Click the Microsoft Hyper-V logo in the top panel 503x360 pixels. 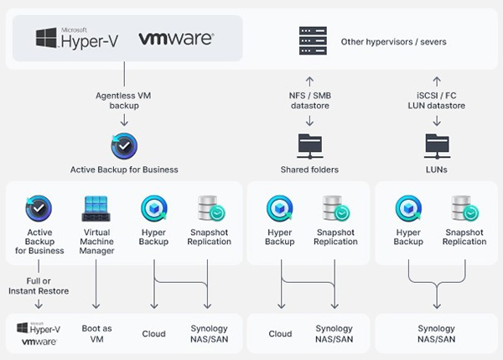(77, 39)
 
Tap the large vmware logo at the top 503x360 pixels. (176, 39)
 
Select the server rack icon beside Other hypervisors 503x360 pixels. (313, 41)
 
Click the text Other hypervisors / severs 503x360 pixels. (394, 42)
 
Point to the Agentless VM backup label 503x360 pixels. (123, 101)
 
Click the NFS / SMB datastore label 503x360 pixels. (310, 101)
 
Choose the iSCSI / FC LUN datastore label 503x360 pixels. (436, 101)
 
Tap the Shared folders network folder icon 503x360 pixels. (310, 146)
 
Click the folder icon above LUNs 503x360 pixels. (437, 146)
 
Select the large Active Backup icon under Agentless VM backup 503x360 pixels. (124, 146)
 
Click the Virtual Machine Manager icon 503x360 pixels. (96, 208)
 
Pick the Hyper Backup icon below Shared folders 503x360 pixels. (280, 208)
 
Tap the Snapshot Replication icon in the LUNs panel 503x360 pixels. (464, 208)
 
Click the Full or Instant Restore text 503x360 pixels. (39, 286)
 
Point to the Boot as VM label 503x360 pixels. (96, 334)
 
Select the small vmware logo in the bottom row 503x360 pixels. (39, 342)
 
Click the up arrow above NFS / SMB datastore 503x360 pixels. (309, 81)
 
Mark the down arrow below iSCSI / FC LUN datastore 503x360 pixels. (437, 121)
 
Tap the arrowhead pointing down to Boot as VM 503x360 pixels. (96, 306)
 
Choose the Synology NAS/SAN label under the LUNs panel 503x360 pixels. (436, 334)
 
